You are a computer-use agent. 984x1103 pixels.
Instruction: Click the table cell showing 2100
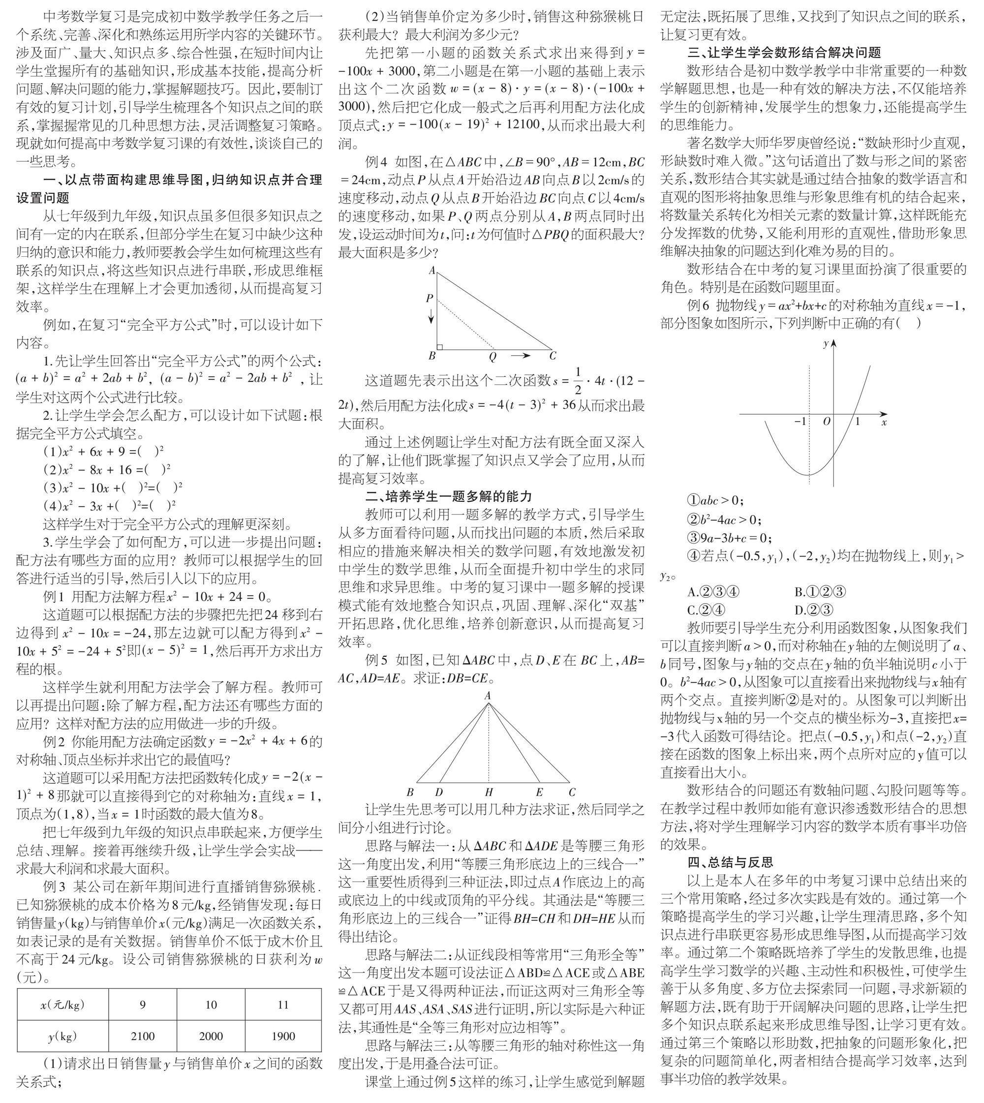(x=143, y=1036)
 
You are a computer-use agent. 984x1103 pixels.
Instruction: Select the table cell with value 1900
(x=283, y=1036)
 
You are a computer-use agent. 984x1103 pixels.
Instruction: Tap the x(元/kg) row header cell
(x=62, y=1005)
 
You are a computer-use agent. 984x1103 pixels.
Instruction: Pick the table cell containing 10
(x=211, y=1005)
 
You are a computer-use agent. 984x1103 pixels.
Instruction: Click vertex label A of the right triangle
(x=431, y=271)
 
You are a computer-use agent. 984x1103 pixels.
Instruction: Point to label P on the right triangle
(x=430, y=298)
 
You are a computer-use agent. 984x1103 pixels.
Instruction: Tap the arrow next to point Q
(x=521, y=355)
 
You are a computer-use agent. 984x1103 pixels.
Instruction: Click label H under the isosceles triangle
(x=489, y=793)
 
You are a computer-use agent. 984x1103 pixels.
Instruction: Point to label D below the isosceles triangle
(x=439, y=793)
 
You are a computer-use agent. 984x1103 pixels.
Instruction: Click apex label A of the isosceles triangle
(x=488, y=696)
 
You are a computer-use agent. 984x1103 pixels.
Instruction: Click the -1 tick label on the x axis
(x=800, y=421)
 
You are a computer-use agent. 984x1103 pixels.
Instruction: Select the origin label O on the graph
(x=826, y=421)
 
